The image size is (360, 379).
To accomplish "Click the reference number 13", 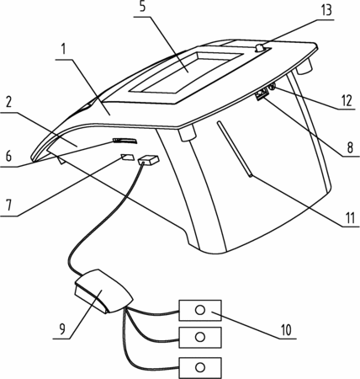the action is pyautogui.click(x=326, y=11).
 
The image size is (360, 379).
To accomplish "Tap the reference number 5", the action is pyautogui.click(x=143, y=7).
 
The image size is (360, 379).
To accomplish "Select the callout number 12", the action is pyautogui.click(x=347, y=101).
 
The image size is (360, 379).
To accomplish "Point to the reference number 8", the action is pyautogui.click(x=350, y=147).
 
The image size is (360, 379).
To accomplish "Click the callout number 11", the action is pyautogui.click(x=350, y=218).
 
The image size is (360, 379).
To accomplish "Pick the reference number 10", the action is pyautogui.click(x=286, y=330).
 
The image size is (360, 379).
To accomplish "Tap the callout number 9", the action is pyautogui.click(x=62, y=328).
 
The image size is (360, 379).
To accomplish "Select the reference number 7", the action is pyautogui.click(x=8, y=205).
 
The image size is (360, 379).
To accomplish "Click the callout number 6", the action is pyautogui.click(x=8, y=156).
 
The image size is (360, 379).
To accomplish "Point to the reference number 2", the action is pyautogui.click(x=8, y=103).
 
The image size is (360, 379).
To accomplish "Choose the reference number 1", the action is pyautogui.click(x=64, y=49).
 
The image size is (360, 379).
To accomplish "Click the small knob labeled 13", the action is pyautogui.click(x=259, y=48).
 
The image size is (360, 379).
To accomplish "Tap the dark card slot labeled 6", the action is pyautogui.click(x=125, y=141).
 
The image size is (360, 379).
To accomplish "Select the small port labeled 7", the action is pyautogui.click(x=127, y=157).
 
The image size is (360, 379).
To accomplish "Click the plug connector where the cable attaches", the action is pyautogui.click(x=149, y=160).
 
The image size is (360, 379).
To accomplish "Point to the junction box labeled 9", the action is pyautogui.click(x=103, y=291).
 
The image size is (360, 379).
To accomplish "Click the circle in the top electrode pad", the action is pyautogui.click(x=200, y=310).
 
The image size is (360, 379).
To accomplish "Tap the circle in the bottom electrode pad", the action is pyautogui.click(x=200, y=367).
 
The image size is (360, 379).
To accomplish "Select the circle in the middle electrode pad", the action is pyautogui.click(x=200, y=337).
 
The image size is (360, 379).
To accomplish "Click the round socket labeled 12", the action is pyautogui.click(x=272, y=87).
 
